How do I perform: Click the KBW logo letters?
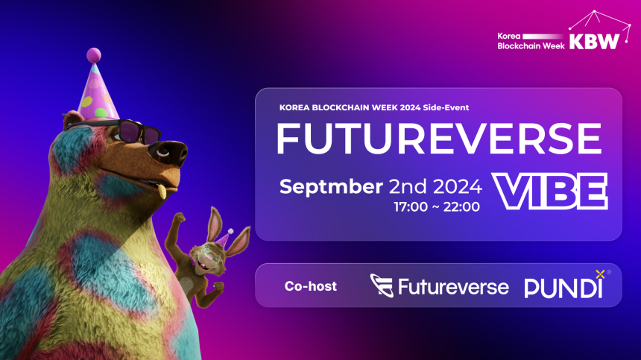pos(594,41)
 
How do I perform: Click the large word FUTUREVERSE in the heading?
pos(438,139)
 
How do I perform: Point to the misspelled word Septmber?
pos(331,186)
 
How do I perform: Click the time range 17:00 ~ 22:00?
pos(438,206)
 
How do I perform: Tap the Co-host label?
pos(311,286)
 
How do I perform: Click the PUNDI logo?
pos(563,288)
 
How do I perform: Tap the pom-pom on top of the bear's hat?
pos(93,54)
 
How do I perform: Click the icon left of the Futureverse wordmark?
pos(382,286)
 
